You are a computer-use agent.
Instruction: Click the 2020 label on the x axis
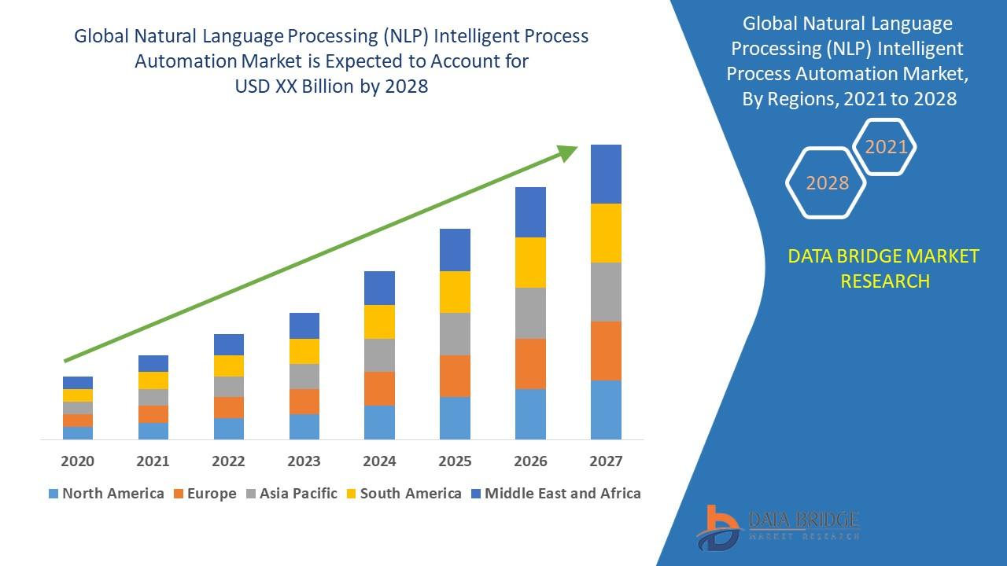pos(77,461)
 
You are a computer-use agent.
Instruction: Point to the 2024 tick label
pos(379,461)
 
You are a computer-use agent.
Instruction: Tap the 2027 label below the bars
pos(606,461)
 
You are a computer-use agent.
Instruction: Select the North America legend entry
pos(106,494)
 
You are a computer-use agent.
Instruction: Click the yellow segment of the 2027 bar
pos(606,233)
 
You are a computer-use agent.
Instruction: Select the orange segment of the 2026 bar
pos(530,363)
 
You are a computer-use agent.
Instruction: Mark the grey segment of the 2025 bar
pos(455,334)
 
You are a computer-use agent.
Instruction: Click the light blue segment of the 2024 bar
pos(379,422)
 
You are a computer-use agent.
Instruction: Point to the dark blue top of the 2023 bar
pos(304,325)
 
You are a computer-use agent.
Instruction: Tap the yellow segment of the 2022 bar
pos(229,366)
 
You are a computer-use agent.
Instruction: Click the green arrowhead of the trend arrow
pos(568,153)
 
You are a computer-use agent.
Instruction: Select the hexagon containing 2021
pos(885,147)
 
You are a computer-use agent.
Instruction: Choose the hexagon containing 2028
pos(827,183)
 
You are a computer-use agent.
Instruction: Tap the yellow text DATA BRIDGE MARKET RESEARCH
pos(884,268)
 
